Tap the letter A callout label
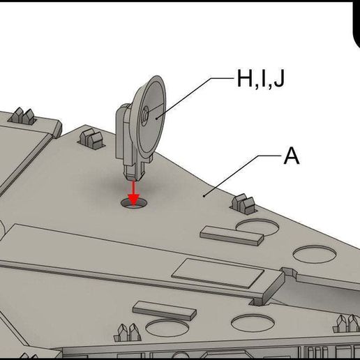pos(291,156)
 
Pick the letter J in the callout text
pos(278,80)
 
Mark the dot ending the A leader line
pos(204,196)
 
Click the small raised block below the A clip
pos(232,236)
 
